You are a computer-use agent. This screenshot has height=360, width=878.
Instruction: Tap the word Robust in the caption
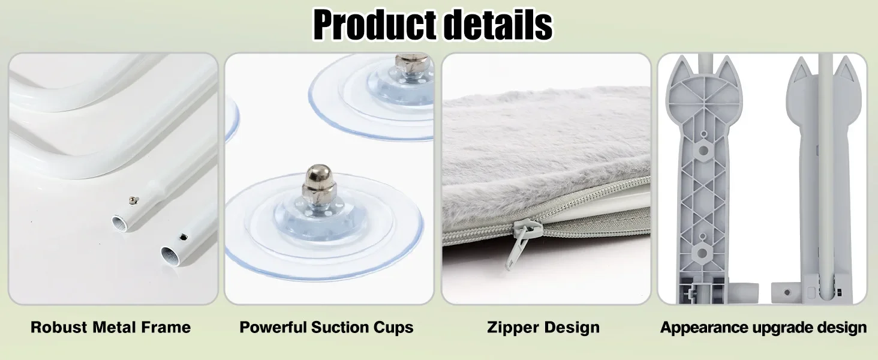point(59,327)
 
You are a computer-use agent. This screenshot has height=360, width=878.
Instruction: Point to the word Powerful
point(273,327)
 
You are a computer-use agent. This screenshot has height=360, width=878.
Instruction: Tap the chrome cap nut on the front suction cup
point(318,183)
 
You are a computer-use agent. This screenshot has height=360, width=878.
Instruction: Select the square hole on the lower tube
point(184,236)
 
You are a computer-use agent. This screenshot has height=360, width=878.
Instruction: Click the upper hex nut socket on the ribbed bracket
point(703,150)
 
